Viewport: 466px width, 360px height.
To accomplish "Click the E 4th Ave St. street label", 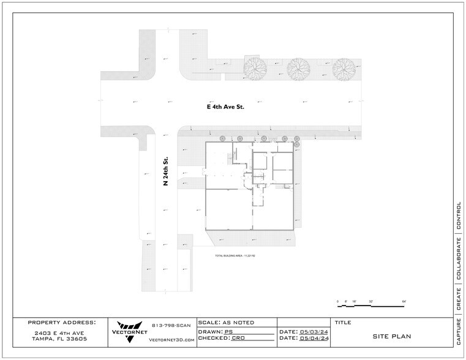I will coord(225,106).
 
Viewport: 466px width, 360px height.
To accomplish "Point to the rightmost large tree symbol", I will coord(344,68).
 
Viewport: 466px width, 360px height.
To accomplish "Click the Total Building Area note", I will coord(235,255).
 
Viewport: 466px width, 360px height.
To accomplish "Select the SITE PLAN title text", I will coord(392,336).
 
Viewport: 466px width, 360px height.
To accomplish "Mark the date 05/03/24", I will coord(314,331).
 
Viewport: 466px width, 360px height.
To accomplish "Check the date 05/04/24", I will coord(314,338).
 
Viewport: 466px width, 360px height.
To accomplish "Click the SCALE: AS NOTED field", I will coord(226,322).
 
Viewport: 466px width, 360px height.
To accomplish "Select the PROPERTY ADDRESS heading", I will coord(61,322).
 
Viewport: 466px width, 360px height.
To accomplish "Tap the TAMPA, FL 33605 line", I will coord(60,339).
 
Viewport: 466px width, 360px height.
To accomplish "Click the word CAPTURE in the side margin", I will coord(459,331).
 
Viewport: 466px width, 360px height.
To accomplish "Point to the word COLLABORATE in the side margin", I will coord(459,258).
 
